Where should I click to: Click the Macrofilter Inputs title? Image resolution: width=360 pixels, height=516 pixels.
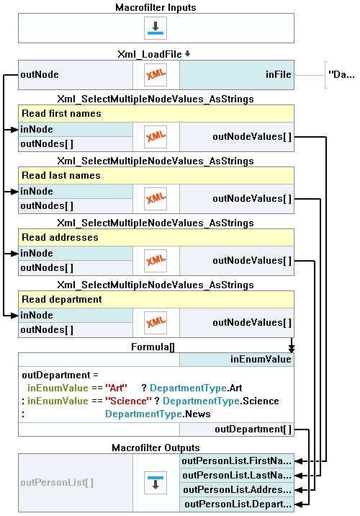tap(156, 7)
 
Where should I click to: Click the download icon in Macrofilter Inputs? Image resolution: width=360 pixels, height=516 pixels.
tap(156, 28)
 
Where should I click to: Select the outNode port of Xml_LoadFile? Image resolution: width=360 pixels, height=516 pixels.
tap(40, 75)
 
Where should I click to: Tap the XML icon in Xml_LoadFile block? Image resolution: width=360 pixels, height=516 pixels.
tap(156, 75)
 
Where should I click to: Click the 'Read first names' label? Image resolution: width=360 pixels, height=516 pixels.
tap(61, 114)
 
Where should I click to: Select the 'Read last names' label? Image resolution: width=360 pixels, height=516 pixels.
tap(61, 176)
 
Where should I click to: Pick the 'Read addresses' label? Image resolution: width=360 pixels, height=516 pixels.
tap(60, 238)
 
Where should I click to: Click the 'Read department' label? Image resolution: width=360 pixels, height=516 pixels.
tap(62, 300)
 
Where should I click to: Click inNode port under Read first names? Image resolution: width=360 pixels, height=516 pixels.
tap(37, 130)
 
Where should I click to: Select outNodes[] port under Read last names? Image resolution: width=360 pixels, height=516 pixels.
tap(47, 206)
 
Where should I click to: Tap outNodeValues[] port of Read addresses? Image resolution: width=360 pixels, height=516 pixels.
tap(252, 261)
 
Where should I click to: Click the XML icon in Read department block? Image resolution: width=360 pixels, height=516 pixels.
tap(156, 323)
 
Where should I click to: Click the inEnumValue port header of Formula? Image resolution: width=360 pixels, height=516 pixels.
tap(261, 359)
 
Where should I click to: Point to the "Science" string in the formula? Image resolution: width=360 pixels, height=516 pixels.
tap(121, 401)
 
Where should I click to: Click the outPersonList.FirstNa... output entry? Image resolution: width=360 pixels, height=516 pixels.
tap(237, 461)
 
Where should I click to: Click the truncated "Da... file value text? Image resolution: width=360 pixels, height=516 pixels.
tap(340, 74)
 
